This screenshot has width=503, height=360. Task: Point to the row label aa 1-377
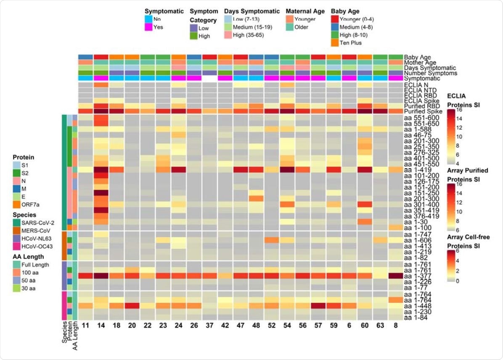click(x=417, y=276)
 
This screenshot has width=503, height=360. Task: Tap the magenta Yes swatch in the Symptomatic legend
click(x=148, y=27)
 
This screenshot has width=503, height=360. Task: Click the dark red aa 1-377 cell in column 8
click(x=395, y=276)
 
